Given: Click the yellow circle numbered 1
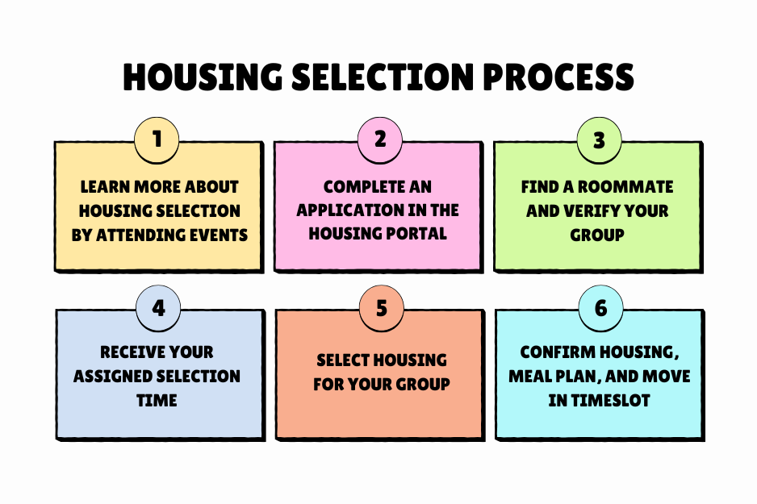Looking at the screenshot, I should coord(157,139).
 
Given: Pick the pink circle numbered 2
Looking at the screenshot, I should coord(379,139).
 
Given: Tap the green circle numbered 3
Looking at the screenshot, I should coord(599,140).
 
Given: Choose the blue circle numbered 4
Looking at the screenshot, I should coord(159,309).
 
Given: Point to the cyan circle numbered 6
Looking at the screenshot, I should coord(600,309).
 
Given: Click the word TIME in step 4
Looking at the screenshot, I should coord(157,400).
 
